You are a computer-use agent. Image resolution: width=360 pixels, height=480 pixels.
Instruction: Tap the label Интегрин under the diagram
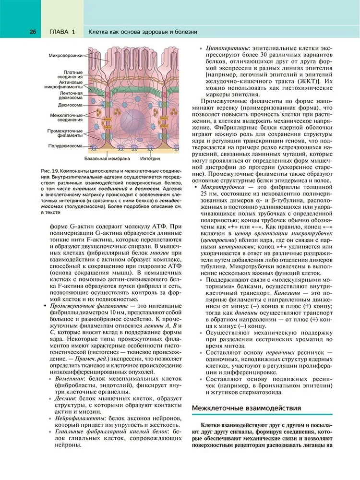pyautogui.click(x=150, y=158)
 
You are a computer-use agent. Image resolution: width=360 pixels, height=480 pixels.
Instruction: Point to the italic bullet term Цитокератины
pyautogui.click(x=227, y=49)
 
